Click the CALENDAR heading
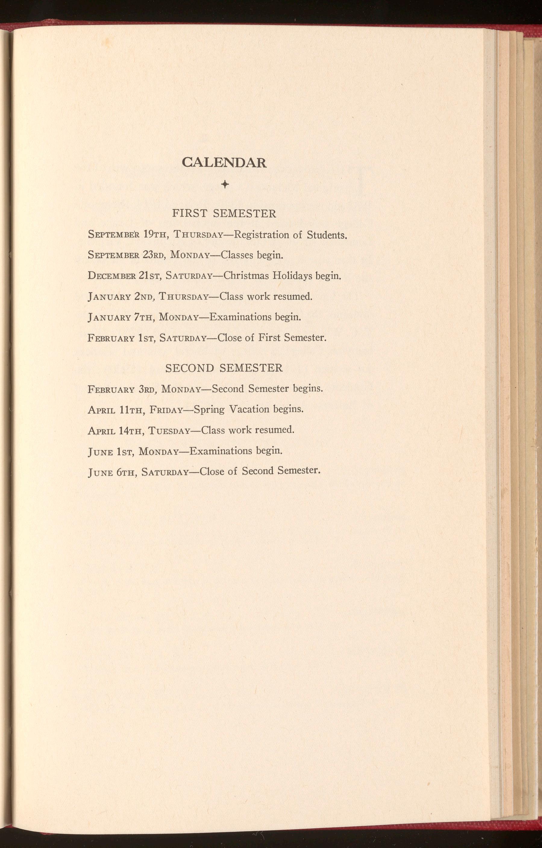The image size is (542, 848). pyautogui.click(x=224, y=162)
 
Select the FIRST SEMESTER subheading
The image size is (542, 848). pyautogui.click(x=224, y=214)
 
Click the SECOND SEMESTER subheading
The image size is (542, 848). pyautogui.click(x=224, y=368)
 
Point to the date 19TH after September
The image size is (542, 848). pyautogui.click(x=154, y=235)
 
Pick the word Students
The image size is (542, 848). pyautogui.click(x=327, y=235)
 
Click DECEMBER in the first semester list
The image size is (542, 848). pyautogui.click(x=112, y=276)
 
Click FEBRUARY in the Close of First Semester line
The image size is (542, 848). pyautogui.click(x=111, y=338)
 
